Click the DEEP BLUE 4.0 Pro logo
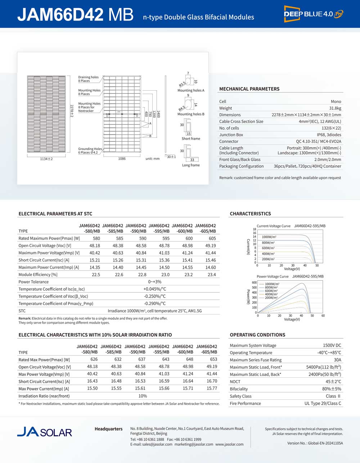pos(314,14)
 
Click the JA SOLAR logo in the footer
pos(45,432)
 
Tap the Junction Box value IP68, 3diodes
pos(329,135)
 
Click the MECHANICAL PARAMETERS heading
pos(249,89)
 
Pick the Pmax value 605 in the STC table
pos(212,238)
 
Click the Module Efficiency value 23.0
pos(166,274)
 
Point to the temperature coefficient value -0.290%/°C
pos(155,303)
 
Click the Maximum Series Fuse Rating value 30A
pos(337,360)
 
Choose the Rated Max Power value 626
pos(94,359)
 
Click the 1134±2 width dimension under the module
pos(46,159)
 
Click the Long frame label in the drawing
pos(191,165)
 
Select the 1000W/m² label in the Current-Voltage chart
pos(269,237)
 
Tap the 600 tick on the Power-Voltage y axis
pos(254,283)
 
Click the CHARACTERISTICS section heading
pos(250,214)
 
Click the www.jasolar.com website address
pos(229,444)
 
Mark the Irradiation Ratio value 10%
pos(143,396)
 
